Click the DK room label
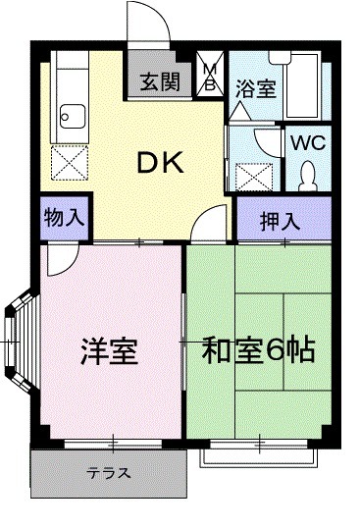161,166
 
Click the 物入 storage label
63,217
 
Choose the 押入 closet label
280,220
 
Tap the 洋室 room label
108,350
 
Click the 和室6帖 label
258,350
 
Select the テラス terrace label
108,473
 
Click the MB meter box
209,77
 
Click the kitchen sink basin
71,121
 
